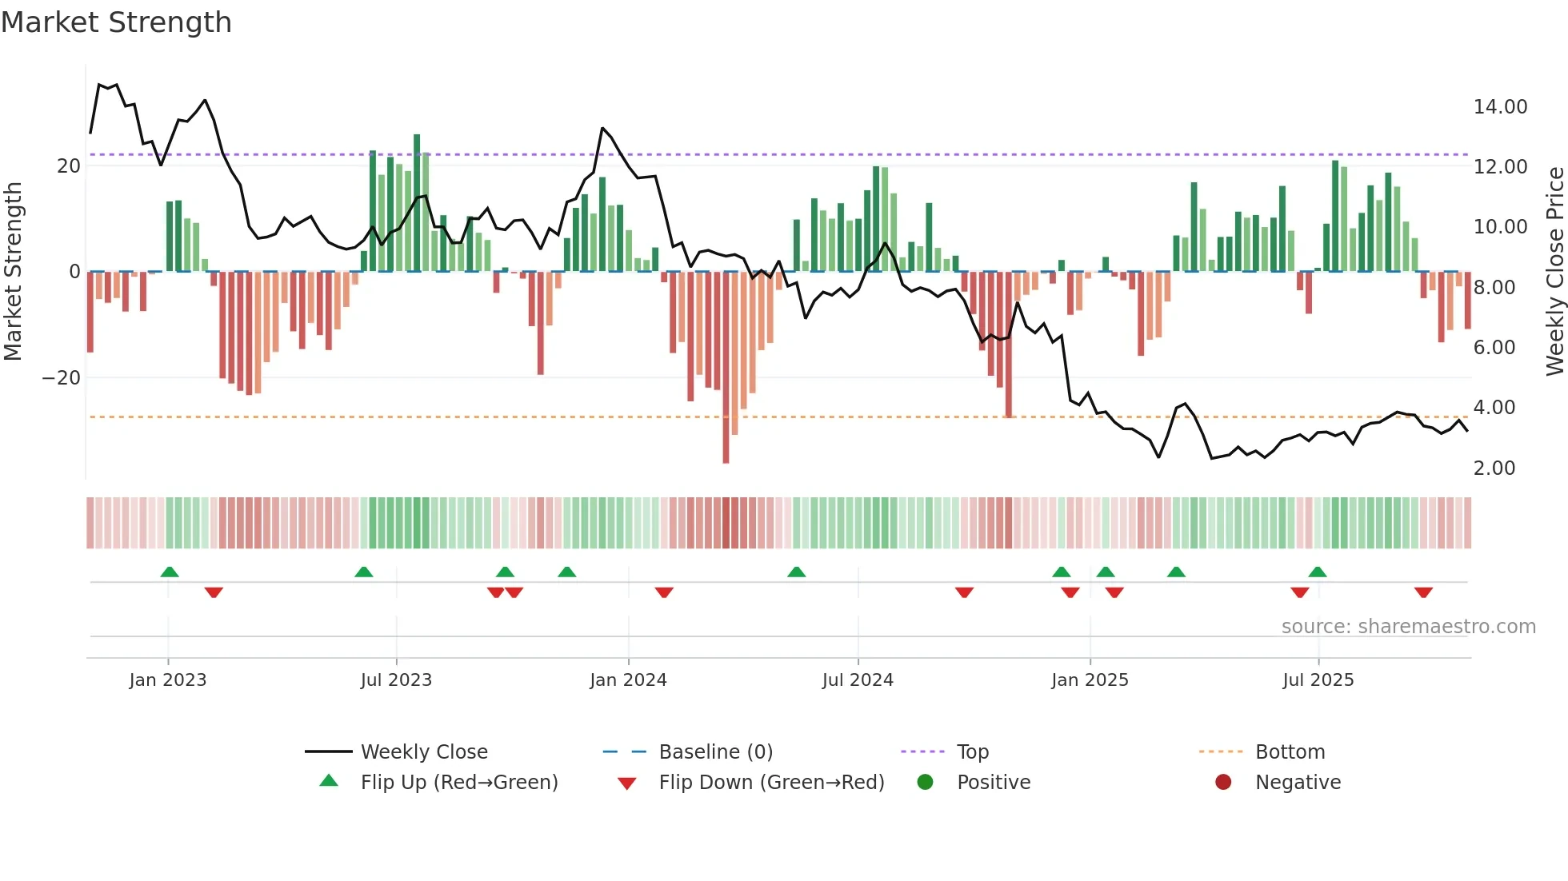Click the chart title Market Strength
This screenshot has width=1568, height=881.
click(116, 22)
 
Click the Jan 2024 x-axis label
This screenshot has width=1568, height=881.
click(628, 680)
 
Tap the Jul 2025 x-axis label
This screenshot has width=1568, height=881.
click(1318, 680)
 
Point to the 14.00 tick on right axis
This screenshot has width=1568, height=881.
click(1500, 107)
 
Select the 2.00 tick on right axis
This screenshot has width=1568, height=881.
click(1494, 468)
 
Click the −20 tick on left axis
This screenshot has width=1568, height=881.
click(62, 378)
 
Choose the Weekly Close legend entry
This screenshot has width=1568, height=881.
click(423, 752)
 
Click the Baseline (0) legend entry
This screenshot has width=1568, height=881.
click(715, 752)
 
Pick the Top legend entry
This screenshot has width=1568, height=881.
click(972, 752)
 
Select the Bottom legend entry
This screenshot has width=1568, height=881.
click(1290, 752)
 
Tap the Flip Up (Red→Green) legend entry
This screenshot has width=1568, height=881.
click(458, 783)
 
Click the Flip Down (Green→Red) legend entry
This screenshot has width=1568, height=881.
click(771, 783)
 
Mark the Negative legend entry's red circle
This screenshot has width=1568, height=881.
click(1223, 782)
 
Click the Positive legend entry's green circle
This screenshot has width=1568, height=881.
click(925, 782)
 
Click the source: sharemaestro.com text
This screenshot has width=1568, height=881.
click(1408, 627)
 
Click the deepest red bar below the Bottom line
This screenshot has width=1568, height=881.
click(726, 368)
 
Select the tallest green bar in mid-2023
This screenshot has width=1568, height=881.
click(417, 203)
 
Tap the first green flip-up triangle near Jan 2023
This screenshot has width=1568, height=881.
click(170, 572)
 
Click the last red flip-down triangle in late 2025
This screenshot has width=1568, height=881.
click(1423, 592)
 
